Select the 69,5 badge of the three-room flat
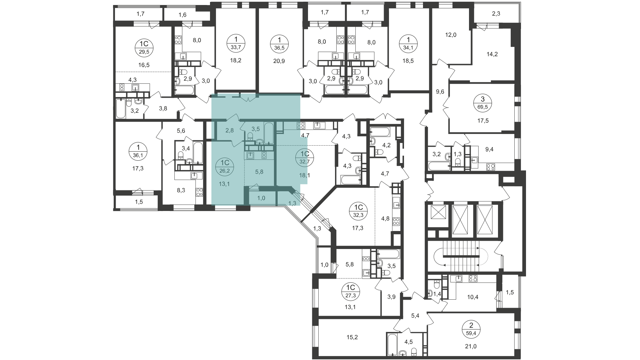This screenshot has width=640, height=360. [x=483, y=103]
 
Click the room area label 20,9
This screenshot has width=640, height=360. [x=279, y=61]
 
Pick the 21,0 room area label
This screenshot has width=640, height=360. [x=471, y=346]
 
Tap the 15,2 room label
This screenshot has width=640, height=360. [x=352, y=337]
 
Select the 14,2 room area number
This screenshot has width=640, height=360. [x=492, y=54]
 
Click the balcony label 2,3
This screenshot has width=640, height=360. [x=496, y=14]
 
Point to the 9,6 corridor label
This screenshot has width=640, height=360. [x=440, y=92]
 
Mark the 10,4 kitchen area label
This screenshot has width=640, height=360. [x=473, y=297]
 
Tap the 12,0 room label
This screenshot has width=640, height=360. [x=450, y=35]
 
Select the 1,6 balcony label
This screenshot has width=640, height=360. [x=182, y=15]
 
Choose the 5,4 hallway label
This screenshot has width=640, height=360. [x=415, y=315]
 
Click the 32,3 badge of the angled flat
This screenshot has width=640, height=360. [x=358, y=211]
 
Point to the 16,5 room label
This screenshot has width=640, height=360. [x=144, y=65]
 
